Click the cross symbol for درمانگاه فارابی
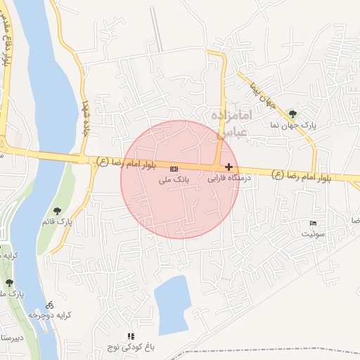[229, 167]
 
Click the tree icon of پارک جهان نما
[293, 112]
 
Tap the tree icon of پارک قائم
[57, 210]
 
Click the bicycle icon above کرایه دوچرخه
[49, 305]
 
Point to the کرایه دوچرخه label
[45, 316]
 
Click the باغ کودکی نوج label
[130, 347]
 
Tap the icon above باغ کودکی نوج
[130, 336]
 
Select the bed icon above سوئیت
[313, 224]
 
